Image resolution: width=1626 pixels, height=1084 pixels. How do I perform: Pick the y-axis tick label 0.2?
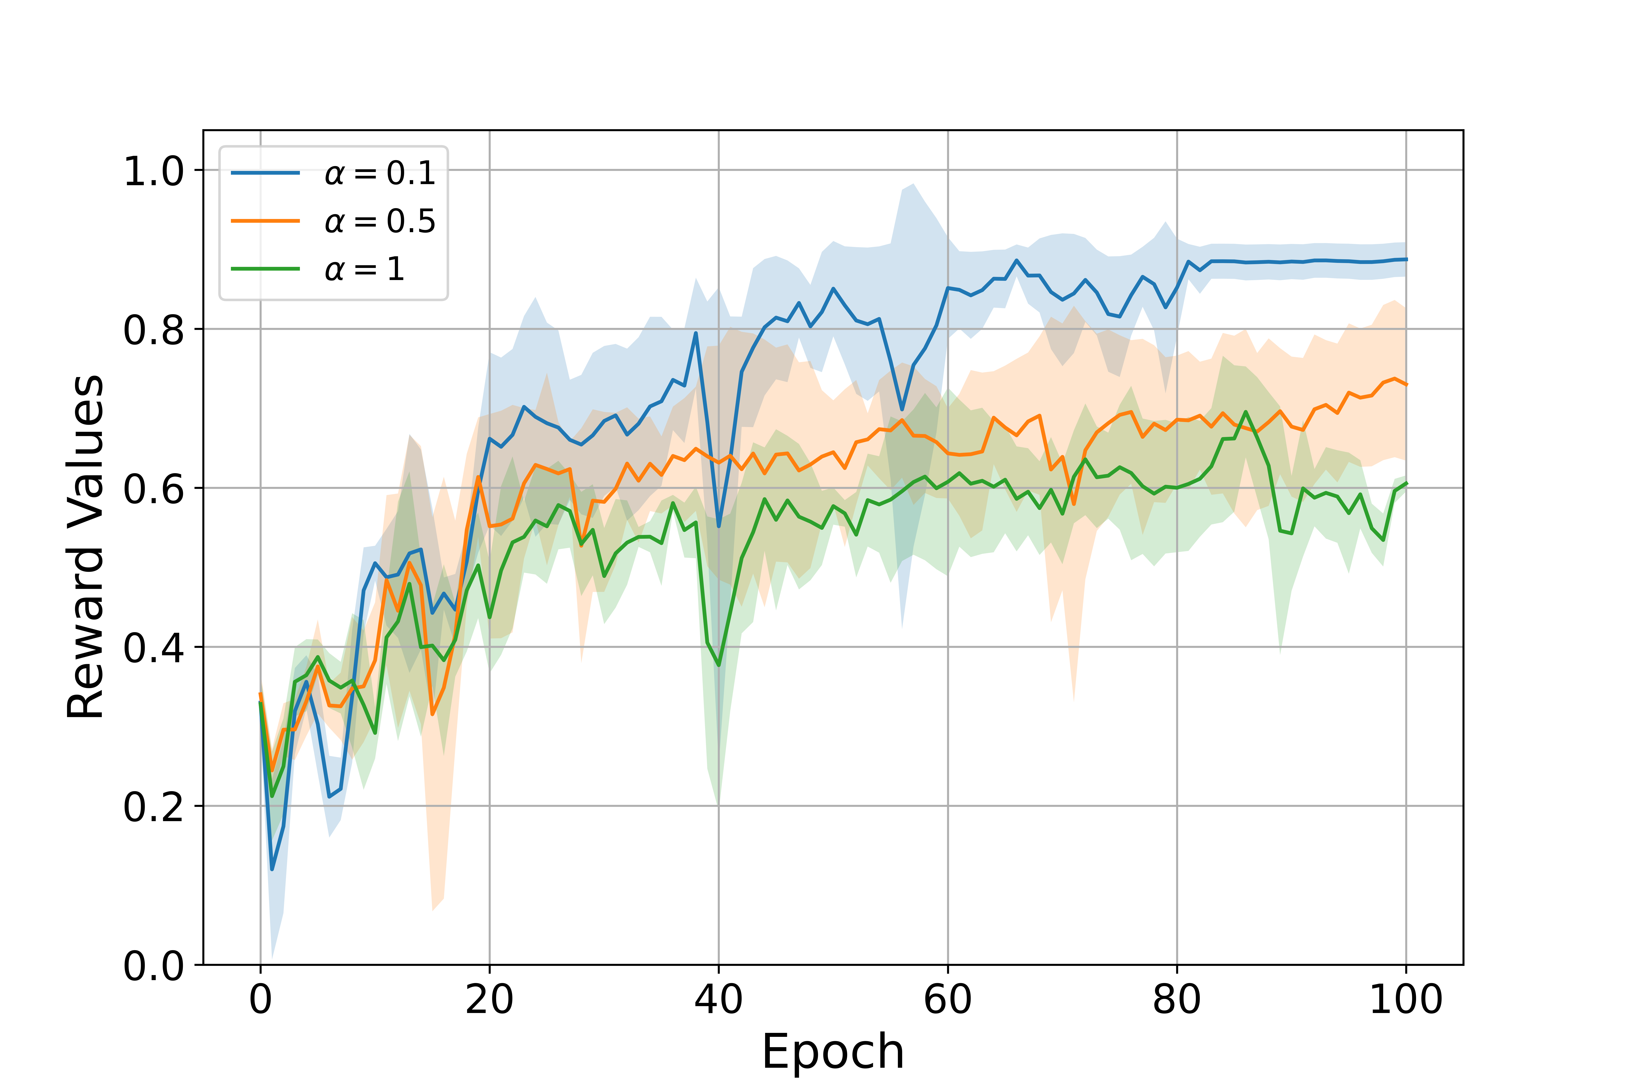point(153,807)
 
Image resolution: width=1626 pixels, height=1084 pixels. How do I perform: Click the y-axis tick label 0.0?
point(153,966)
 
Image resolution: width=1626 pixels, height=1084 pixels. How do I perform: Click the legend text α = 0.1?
point(380,173)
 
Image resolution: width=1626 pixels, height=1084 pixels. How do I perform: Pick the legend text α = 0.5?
point(380,221)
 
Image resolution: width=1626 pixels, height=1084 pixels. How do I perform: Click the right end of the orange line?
point(1405,384)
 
